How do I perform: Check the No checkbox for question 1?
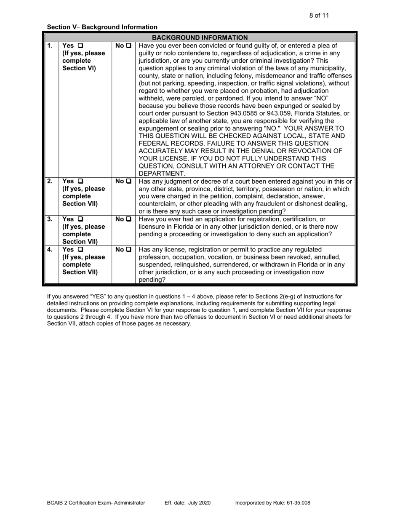click(128, 45)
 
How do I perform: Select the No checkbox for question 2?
click(128, 181)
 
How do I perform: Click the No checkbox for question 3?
click(128, 219)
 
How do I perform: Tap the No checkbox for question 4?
click(128, 249)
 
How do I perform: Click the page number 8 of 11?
click(319, 16)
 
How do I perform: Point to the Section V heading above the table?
click(102, 27)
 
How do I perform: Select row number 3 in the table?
click(50, 219)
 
